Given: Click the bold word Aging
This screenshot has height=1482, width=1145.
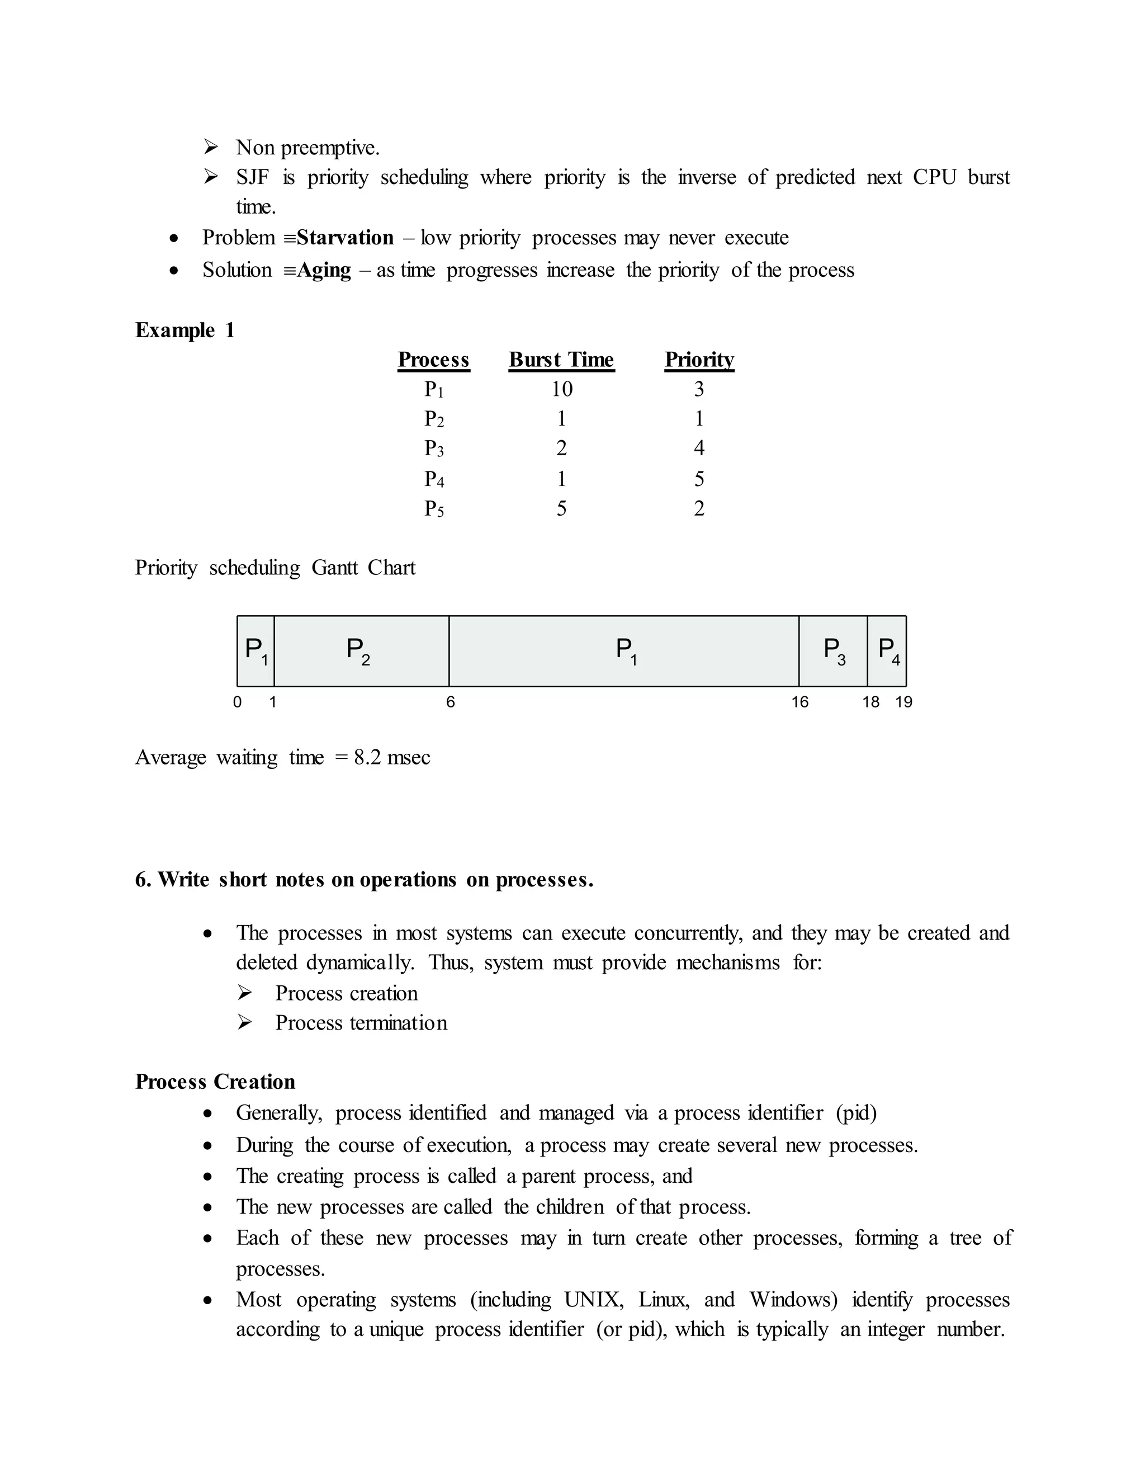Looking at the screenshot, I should (324, 270).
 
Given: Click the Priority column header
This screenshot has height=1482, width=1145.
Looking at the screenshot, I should (699, 360).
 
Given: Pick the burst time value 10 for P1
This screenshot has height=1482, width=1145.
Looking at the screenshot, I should (562, 389).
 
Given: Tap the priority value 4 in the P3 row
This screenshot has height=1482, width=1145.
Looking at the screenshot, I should (699, 448).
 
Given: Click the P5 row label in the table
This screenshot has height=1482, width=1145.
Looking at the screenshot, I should (434, 508).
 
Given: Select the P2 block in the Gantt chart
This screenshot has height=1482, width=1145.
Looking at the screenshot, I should (361, 651).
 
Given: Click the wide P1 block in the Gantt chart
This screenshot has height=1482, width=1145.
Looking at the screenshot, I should (623, 651).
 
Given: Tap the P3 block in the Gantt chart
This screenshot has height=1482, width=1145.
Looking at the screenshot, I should (833, 651).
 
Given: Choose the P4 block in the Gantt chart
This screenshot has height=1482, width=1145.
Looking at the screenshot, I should (887, 651).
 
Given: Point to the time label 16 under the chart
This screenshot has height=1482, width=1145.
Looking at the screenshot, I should (799, 702).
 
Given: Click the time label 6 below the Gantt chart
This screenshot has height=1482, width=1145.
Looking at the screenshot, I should (451, 702).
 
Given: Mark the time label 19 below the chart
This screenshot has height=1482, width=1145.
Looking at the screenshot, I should (903, 702).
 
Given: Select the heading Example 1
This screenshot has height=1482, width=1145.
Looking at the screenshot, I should (184, 331).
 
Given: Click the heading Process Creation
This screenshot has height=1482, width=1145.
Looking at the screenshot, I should (215, 1082).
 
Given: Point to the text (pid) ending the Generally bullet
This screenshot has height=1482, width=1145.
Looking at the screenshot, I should (856, 1113).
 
